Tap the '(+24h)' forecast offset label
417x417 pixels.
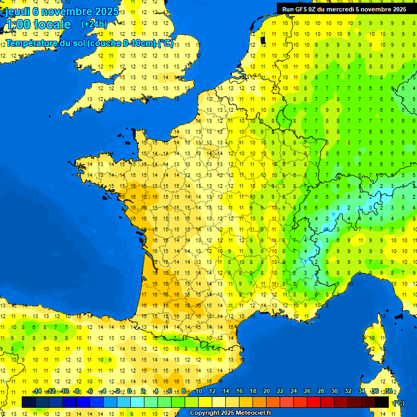click(x=94, y=24)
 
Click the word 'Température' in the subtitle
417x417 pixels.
click(x=34, y=43)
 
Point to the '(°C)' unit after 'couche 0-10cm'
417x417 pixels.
click(x=166, y=43)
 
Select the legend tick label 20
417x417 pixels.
click(x=267, y=391)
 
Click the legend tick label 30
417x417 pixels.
click(x=334, y=391)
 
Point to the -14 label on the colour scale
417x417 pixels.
click(x=37, y=391)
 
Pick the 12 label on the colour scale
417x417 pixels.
click(x=212, y=391)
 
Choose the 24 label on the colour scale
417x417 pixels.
click(x=294, y=391)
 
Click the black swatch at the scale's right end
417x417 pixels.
click(x=382, y=402)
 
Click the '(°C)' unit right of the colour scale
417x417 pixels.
click(x=399, y=403)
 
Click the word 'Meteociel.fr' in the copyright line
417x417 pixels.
click(x=252, y=413)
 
